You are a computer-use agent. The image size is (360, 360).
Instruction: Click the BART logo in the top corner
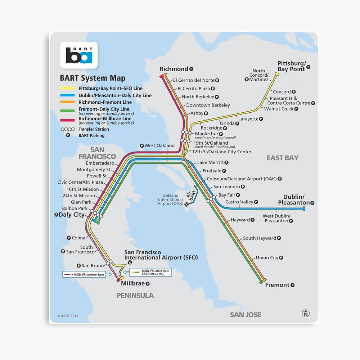click(79, 55)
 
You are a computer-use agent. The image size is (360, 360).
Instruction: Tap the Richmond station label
click(174, 69)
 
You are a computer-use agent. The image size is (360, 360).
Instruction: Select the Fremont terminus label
click(277, 285)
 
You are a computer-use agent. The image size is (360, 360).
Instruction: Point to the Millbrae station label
click(133, 283)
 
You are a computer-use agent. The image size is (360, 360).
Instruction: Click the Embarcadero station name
click(100, 163)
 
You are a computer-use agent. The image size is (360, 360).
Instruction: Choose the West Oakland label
click(159, 146)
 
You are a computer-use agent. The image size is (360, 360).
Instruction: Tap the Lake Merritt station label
click(210, 163)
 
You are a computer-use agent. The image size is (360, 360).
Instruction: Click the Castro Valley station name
click(239, 202)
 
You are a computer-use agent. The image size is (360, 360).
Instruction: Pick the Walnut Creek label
click(279, 109)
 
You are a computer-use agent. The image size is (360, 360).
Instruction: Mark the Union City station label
click(267, 258)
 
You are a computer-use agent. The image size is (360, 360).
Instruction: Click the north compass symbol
click(306, 313)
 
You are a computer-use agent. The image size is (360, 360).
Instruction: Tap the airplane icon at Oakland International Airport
click(186, 204)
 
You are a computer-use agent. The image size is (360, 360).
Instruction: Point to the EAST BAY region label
click(282, 158)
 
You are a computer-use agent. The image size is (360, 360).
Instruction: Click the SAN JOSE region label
click(246, 315)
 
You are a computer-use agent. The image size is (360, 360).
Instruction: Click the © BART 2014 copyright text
click(68, 316)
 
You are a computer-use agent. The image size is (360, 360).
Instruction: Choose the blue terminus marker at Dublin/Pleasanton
click(304, 208)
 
